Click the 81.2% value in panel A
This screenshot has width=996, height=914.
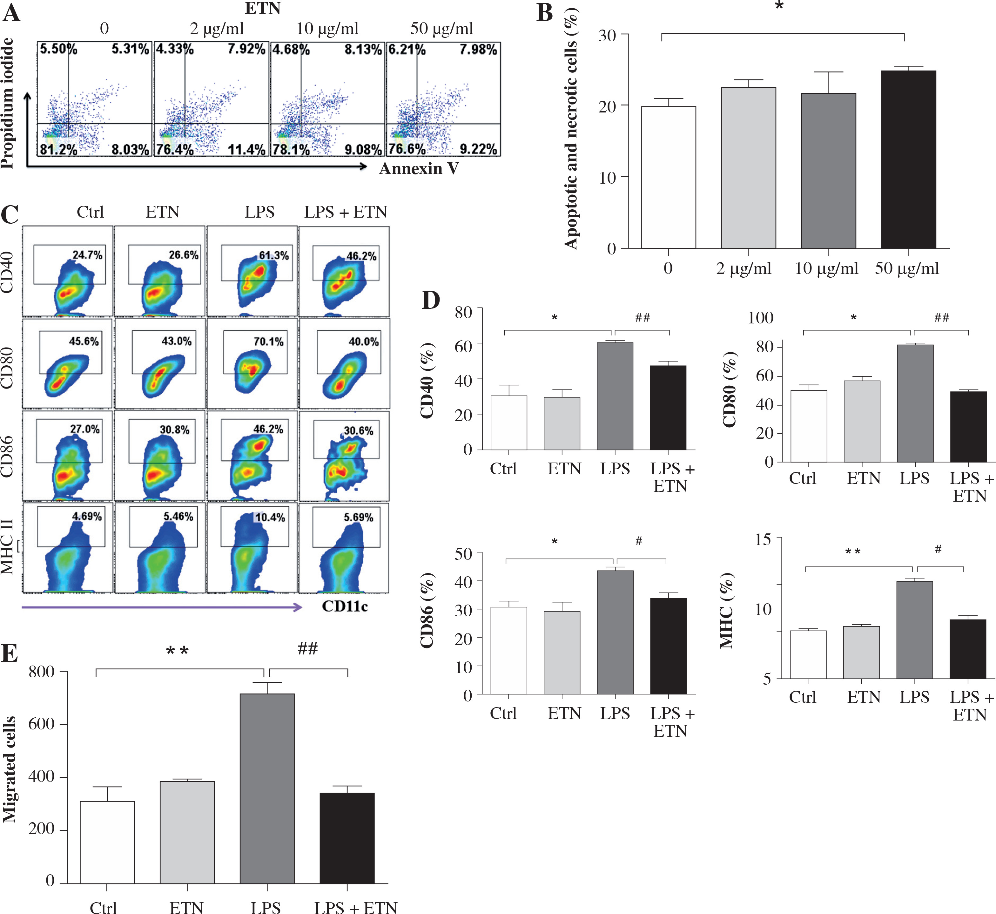(x=58, y=149)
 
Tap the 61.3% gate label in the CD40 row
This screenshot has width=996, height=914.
(x=273, y=256)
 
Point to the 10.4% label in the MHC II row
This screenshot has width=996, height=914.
(x=270, y=517)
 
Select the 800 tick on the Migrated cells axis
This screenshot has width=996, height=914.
(x=42, y=671)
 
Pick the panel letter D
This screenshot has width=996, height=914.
(x=431, y=300)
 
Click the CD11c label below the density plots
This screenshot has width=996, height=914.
(x=345, y=606)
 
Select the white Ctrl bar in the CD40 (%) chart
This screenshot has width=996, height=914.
(x=509, y=423)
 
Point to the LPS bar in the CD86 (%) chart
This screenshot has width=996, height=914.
(x=615, y=632)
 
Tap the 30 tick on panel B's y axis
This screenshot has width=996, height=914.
(x=607, y=35)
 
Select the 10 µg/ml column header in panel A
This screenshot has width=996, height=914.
(x=327, y=28)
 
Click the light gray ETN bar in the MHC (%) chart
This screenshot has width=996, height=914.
(x=861, y=652)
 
